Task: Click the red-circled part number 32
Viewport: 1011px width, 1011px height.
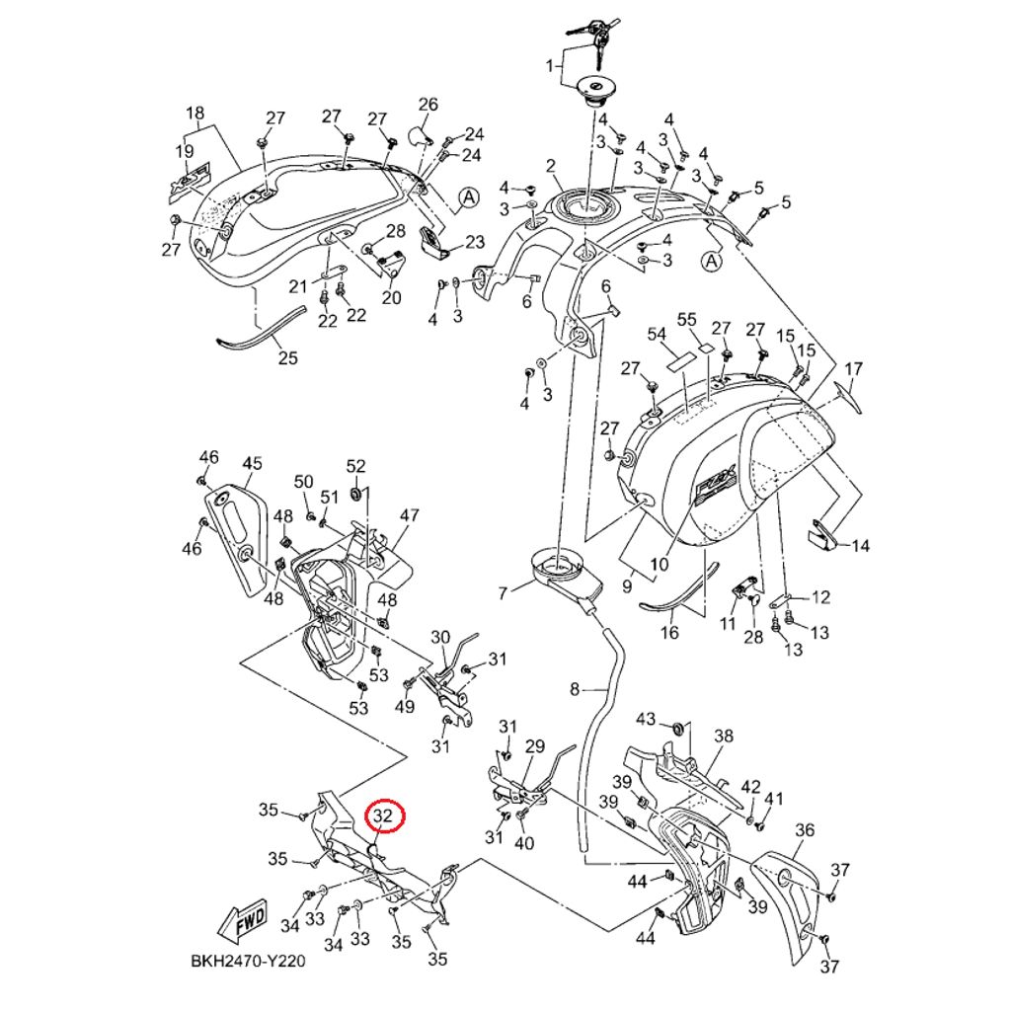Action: (x=383, y=817)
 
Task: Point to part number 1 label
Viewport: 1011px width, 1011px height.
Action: (x=552, y=66)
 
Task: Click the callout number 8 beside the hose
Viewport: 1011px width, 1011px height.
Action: (x=575, y=688)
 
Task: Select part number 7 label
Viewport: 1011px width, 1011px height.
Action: (x=503, y=592)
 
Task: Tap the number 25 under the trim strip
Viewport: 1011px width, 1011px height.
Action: (x=287, y=357)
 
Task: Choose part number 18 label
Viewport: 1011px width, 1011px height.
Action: (x=194, y=113)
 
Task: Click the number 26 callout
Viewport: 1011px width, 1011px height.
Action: (x=428, y=105)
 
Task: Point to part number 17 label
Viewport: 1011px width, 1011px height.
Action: (x=853, y=369)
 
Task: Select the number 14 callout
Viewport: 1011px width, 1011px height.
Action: (x=861, y=545)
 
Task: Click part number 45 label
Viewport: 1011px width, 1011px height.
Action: (x=252, y=463)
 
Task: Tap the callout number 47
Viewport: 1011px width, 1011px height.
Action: (x=409, y=515)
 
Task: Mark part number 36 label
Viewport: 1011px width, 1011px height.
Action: (x=805, y=830)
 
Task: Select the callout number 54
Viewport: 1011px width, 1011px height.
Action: (x=657, y=335)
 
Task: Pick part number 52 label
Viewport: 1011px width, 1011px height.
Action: (x=355, y=466)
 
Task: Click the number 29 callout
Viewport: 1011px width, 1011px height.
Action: (x=534, y=745)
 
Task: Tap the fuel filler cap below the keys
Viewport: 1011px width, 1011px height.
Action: (x=598, y=91)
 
